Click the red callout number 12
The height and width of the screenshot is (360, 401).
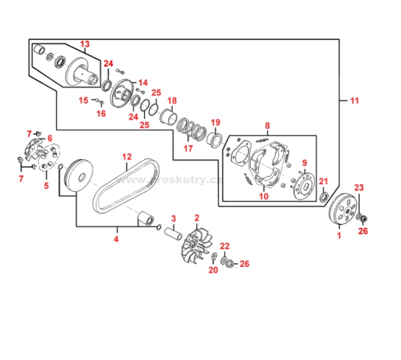[127, 156]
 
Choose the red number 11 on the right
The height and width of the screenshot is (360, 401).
[354, 100]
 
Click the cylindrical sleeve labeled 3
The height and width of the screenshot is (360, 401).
[173, 231]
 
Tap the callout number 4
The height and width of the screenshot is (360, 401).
[116, 239]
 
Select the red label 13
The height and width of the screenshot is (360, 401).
[85, 44]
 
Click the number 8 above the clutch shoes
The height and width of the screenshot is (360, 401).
[267, 126]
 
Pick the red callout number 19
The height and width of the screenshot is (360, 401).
[215, 123]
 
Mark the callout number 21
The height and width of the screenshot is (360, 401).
[323, 182]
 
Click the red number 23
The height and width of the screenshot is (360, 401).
[360, 187]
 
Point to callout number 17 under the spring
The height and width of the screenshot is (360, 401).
[188, 149]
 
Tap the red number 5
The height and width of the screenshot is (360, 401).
[46, 186]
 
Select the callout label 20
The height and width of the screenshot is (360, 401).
[213, 270]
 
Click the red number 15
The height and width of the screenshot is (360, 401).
[84, 100]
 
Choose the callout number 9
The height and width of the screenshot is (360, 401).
[305, 163]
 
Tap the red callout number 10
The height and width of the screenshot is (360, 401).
[263, 196]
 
